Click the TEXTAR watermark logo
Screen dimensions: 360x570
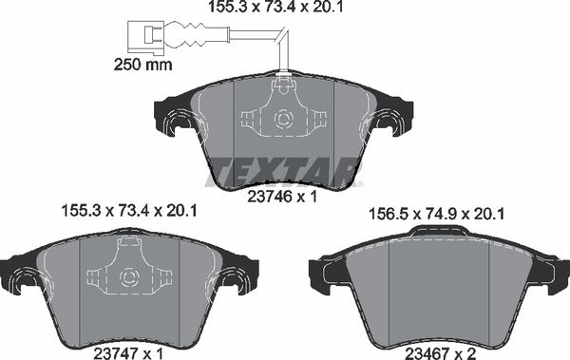click(285, 170)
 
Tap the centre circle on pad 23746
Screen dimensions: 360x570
click(281, 121)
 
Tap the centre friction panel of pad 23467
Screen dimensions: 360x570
click(438, 290)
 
